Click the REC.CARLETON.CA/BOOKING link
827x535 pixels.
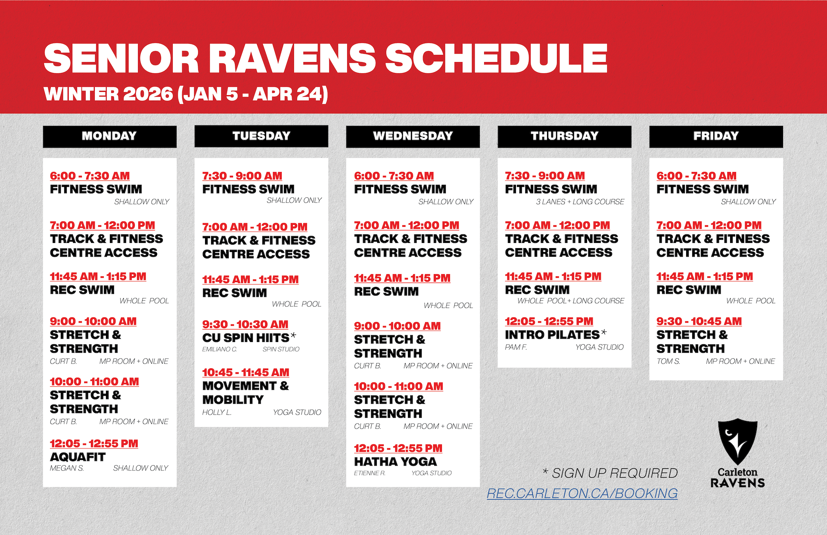[x=582, y=493]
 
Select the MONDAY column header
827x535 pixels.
[x=109, y=136]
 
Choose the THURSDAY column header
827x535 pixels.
[x=564, y=136]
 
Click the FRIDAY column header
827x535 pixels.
[x=716, y=136]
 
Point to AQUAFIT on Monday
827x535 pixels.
[x=78, y=457]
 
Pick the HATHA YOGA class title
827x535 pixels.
[x=395, y=461]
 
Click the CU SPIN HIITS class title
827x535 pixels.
[x=246, y=338]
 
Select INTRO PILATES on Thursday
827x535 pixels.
[x=552, y=334]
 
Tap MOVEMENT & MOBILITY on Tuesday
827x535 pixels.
[x=246, y=392]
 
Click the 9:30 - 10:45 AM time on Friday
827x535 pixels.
[x=699, y=321]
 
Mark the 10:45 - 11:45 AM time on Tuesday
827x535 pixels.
[x=246, y=372]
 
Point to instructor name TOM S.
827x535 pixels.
[x=668, y=361]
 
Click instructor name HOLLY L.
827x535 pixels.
[x=217, y=412]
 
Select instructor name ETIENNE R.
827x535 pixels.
[x=370, y=473]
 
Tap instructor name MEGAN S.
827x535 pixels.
[x=67, y=468]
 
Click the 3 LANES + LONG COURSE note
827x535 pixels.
[x=580, y=202]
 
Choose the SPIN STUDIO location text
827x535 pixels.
[x=281, y=349]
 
